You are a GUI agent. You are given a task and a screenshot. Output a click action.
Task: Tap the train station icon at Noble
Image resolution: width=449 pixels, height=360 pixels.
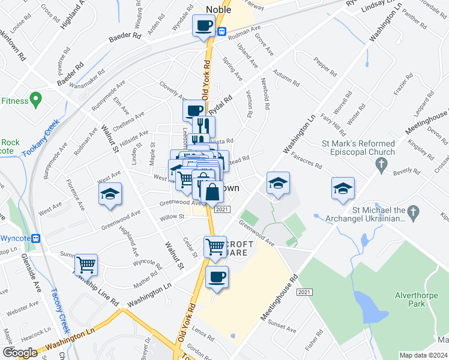coord(222,31)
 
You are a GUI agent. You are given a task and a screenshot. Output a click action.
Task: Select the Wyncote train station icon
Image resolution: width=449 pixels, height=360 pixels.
coord(35,238)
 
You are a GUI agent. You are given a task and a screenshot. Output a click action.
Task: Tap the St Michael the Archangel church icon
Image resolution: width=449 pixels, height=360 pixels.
coord(414,212)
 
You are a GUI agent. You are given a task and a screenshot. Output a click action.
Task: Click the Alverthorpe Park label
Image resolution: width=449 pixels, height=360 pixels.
coord(418,299)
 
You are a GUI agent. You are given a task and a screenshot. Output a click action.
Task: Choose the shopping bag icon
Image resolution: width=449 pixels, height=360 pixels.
coord(211,193)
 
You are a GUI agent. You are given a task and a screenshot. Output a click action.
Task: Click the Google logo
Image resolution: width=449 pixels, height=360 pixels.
coord(20,353)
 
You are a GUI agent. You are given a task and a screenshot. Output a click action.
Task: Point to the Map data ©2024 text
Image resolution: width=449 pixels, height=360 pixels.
coord(423,355)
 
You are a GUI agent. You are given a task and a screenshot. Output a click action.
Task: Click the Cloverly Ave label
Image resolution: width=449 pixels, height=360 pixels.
coord(173,91)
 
